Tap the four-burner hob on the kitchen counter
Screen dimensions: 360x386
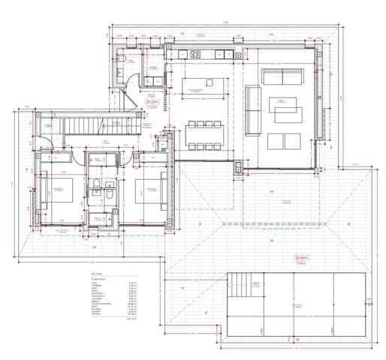(x=195, y=53)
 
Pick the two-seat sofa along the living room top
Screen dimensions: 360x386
(x=281, y=76)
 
